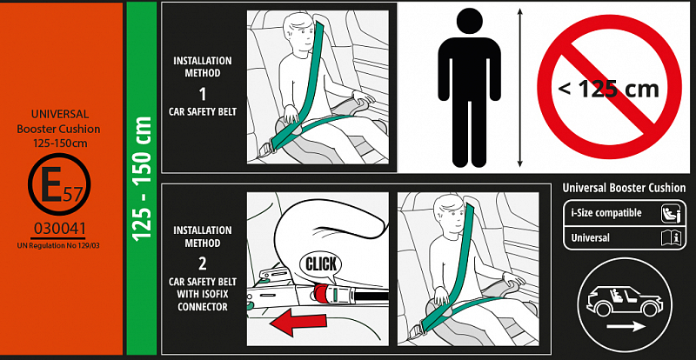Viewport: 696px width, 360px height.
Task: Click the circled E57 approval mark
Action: (x=59, y=184)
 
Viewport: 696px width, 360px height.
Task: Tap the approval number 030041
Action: (x=59, y=229)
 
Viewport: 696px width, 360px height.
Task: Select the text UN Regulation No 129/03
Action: (x=58, y=245)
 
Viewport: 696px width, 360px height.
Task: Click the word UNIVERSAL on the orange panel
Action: (x=60, y=114)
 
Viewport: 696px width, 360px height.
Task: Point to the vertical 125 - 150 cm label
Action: (x=143, y=179)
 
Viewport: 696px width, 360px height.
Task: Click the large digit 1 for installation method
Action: (x=203, y=94)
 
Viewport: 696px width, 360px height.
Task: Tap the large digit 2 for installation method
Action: (x=203, y=263)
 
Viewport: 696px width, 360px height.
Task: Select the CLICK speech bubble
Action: (x=321, y=265)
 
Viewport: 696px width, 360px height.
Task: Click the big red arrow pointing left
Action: (x=298, y=322)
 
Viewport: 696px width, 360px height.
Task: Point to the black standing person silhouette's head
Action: (x=469, y=23)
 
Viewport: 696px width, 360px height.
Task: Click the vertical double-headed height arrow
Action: (x=520, y=89)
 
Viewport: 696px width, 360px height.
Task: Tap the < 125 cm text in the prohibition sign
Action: (x=608, y=90)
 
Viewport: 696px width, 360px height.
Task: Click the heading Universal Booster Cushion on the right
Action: (x=624, y=188)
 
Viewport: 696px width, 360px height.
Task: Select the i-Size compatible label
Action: (x=606, y=213)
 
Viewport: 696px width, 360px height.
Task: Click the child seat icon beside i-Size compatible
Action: (x=670, y=213)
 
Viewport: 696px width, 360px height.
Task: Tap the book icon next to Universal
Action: (x=670, y=238)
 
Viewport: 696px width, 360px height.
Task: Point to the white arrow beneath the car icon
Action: (x=626, y=327)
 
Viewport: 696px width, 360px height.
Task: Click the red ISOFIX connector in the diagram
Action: (x=326, y=293)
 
